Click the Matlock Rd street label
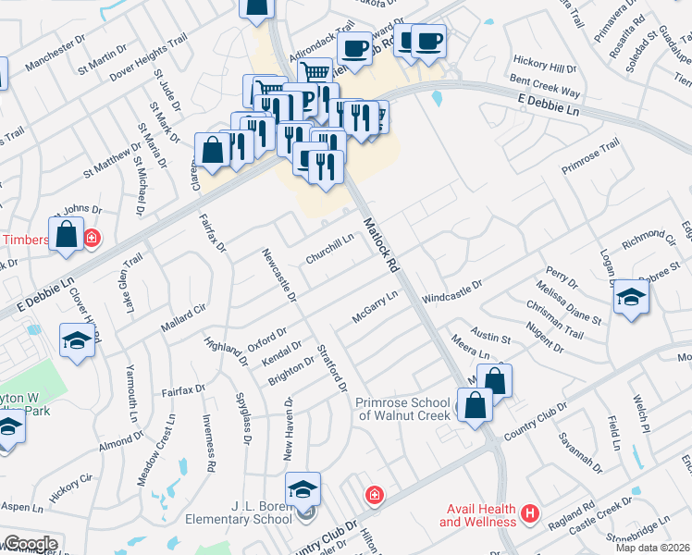coord(379,244)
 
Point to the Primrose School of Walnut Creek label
coord(403,409)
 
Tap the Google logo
coord(31,544)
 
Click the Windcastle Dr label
coord(452,293)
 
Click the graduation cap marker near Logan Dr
coord(631,297)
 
